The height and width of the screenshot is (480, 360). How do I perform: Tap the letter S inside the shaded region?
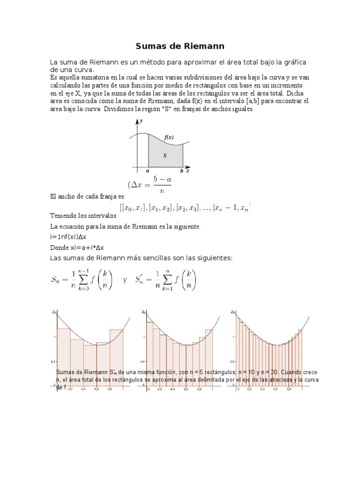tap(165, 156)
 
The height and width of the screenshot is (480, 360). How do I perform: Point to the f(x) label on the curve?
tap(169, 137)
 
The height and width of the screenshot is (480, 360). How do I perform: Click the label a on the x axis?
tap(148, 171)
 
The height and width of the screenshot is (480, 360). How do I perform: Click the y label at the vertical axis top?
tap(141, 121)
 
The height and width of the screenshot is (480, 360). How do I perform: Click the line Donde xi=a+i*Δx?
tap(77, 247)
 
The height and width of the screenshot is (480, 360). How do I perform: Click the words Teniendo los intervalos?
tap(83, 217)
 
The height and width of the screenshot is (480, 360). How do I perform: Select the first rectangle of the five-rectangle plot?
tap(63, 356)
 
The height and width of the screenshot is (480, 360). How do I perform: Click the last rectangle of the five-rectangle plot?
tap(116, 356)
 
